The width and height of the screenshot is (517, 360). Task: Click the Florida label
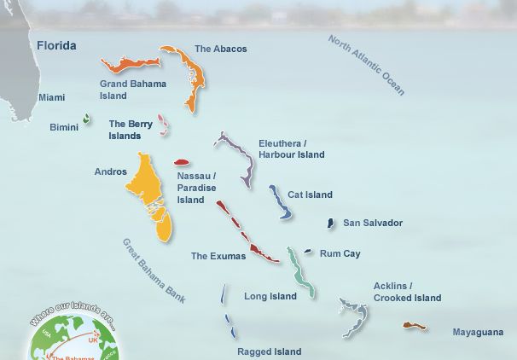[x=56, y=45]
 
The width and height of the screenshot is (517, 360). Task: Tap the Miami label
[x=51, y=97]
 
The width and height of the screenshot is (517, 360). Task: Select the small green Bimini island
[x=86, y=119]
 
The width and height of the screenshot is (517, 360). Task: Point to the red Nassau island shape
[x=181, y=162]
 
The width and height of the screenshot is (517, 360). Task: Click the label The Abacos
[x=220, y=49]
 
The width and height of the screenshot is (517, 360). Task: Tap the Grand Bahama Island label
[x=133, y=90]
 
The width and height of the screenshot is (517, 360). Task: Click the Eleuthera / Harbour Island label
[x=292, y=148]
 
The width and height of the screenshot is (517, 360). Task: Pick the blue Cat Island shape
[x=279, y=202]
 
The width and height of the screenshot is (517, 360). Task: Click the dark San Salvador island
[x=331, y=223]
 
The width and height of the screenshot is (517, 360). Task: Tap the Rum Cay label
[x=340, y=253]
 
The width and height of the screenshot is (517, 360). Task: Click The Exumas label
[x=218, y=256]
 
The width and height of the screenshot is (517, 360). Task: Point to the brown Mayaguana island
[x=415, y=325]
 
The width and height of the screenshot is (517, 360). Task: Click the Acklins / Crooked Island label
[x=407, y=292]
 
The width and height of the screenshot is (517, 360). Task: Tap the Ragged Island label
[x=269, y=351]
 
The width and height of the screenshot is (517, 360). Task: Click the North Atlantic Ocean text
[x=367, y=65]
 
